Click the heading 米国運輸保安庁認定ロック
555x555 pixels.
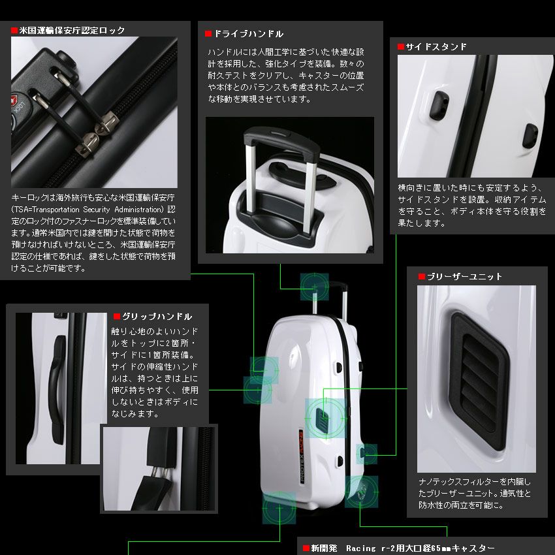tap(72, 30)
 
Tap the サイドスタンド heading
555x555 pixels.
tap(436, 46)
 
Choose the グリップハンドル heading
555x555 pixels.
tap(157, 316)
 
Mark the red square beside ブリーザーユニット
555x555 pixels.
tap(422, 277)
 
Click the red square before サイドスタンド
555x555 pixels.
tap(401, 47)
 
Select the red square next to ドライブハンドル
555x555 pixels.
tap(208, 34)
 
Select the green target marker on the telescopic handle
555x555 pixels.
tap(315, 286)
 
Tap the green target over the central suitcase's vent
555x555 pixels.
tap(325, 417)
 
